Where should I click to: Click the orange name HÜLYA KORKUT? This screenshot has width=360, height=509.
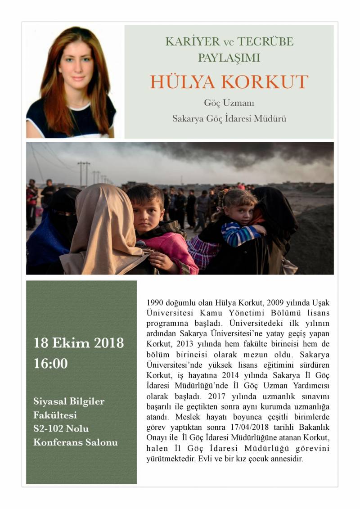pos(229,82)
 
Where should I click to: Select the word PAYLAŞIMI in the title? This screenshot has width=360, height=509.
pos(229,58)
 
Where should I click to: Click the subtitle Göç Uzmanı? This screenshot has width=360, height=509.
pos(229,103)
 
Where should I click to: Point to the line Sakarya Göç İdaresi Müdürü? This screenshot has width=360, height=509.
pos(229,119)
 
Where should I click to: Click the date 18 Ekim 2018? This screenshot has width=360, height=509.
pos(79,343)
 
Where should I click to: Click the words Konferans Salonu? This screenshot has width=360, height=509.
pos(76,442)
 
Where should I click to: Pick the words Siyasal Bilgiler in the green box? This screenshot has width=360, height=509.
pos(68,401)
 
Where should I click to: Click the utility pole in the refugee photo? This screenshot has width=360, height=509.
pos(84,173)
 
